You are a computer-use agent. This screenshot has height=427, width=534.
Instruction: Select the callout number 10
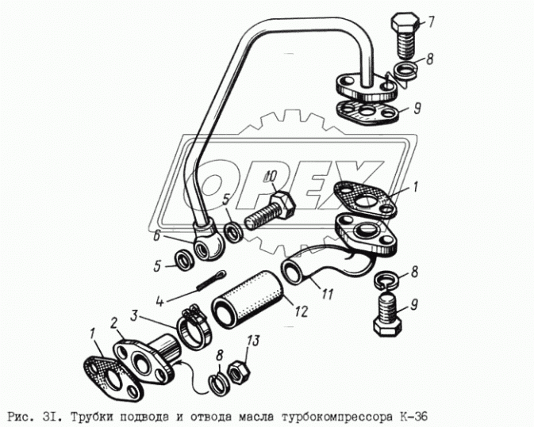[x=271, y=176]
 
